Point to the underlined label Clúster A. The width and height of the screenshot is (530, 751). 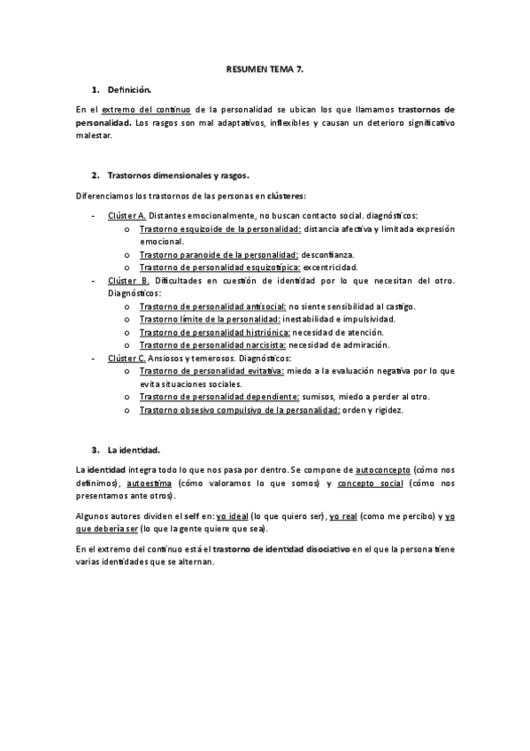tap(127, 216)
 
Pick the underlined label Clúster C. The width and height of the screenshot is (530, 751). tap(127, 358)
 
